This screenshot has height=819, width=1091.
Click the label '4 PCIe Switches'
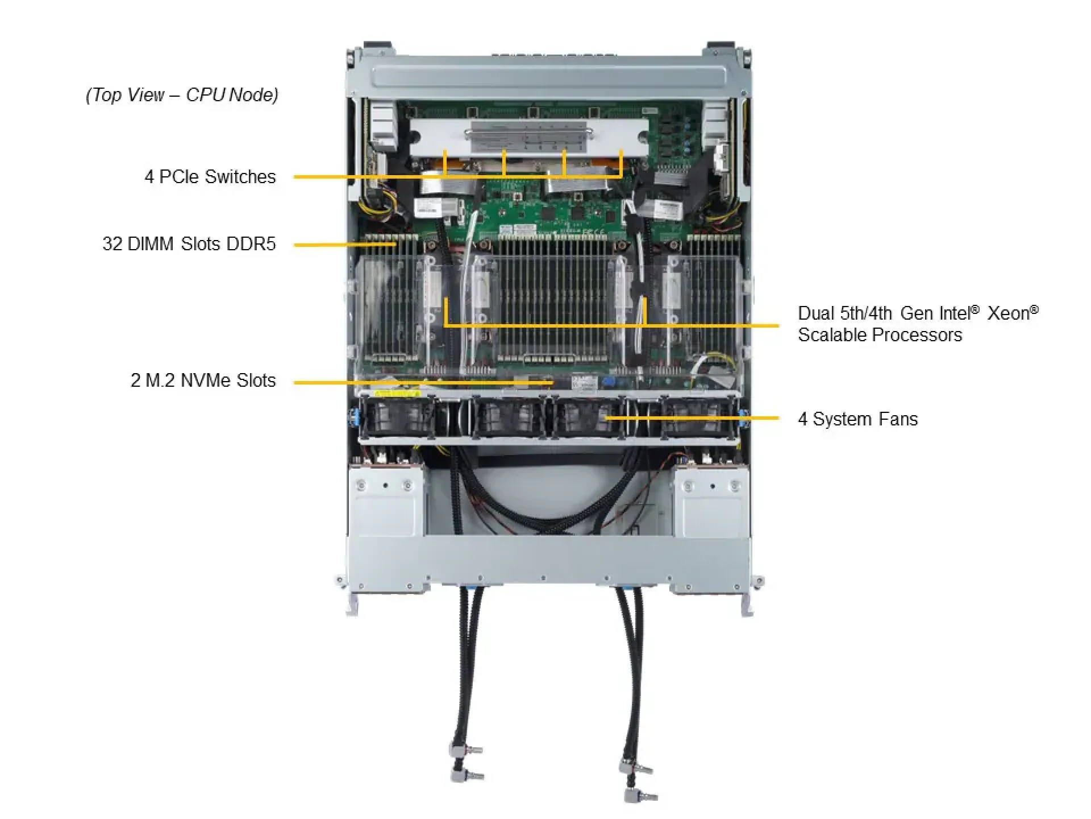pyautogui.click(x=210, y=177)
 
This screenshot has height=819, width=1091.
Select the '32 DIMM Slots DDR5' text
pyautogui.click(x=189, y=244)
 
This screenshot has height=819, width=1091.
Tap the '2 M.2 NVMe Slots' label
pyautogui.click(x=203, y=380)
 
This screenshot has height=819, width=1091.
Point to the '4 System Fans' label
pyautogui.click(x=857, y=419)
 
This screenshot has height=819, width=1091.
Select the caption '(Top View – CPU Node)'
pyautogui.click(x=182, y=95)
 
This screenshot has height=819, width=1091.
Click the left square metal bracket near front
pyautogui.click(x=386, y=500)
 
